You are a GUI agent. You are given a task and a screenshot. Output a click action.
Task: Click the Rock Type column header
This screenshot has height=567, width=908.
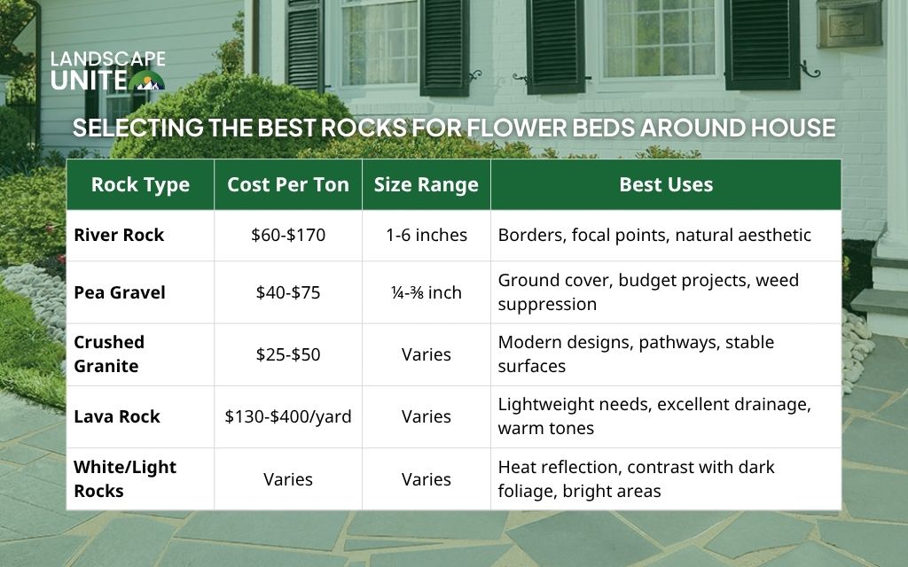click(140, 185)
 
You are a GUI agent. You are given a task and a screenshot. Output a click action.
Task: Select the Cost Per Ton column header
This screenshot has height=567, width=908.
click(288, 185)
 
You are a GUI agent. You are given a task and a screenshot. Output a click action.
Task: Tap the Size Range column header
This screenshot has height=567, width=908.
click(426, 185)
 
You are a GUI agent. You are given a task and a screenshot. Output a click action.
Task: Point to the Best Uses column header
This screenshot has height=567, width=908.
click(666, 185)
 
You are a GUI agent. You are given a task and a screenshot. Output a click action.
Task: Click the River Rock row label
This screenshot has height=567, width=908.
click(119, 236)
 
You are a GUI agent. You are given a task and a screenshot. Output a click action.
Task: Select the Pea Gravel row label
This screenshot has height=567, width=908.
click(120, 292)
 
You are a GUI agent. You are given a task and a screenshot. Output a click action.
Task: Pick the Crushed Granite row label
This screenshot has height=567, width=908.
click(109, 353)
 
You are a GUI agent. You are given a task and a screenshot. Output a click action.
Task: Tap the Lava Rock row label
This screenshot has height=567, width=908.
click(117, 416)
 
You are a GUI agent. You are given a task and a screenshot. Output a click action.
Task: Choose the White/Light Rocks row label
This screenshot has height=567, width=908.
click(125, 478)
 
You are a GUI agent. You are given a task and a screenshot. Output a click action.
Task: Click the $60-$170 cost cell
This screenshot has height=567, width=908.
click(288, 236)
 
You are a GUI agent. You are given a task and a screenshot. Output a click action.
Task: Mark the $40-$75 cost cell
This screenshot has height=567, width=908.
click(288, 292)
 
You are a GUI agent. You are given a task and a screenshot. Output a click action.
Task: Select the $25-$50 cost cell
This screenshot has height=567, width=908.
click(288, 354)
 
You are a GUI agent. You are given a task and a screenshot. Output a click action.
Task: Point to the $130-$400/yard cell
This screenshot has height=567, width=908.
click(288, 416)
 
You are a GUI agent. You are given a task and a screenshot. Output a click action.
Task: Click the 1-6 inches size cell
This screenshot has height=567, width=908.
click(426, 236)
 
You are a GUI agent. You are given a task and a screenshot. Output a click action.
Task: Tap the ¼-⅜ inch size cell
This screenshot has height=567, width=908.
click(426, 292)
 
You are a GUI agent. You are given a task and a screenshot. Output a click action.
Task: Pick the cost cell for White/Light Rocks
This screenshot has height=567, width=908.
click(288, 479)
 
